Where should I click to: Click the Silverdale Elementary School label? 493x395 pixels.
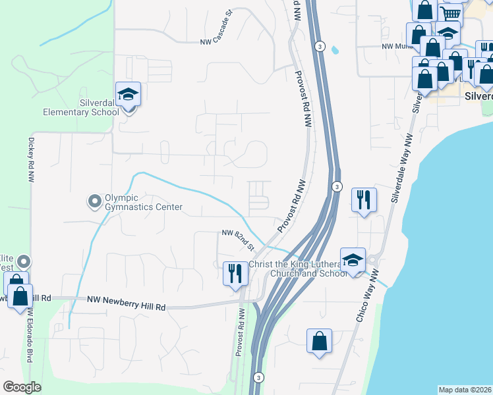coord(81,107)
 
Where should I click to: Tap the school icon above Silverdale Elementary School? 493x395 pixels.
coord(128,95)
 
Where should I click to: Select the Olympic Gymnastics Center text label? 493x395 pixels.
coord(144,203)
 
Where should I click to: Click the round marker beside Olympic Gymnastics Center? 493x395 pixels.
coord(94,199)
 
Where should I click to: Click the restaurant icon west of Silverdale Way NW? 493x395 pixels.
coord(363,199)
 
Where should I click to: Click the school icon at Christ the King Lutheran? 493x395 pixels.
coord(353,259)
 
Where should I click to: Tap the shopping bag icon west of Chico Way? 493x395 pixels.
coord(319,341)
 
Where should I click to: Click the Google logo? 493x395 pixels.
coord(22,387)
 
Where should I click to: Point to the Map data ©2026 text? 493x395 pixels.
coord(464,390)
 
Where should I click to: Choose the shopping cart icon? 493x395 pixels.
coord(450,14)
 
